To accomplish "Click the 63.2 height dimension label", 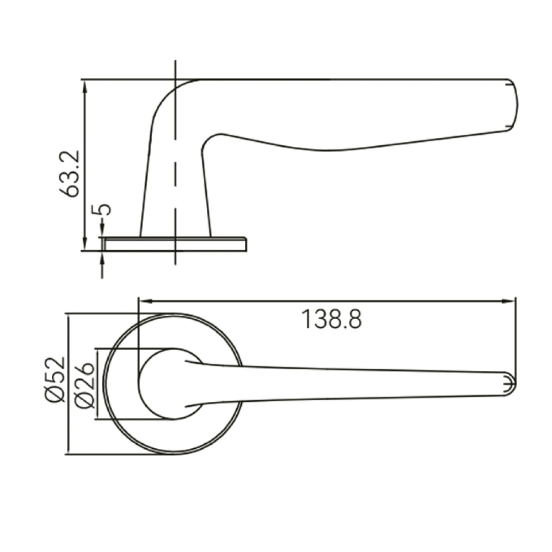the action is (x=70, y=173).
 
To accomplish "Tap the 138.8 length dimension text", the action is (x=332, y=319).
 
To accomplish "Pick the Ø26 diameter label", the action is (x=84, y=384).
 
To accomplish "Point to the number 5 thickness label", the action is (x=101, y=210).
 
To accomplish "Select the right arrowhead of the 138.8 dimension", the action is (x=509, y=301).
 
